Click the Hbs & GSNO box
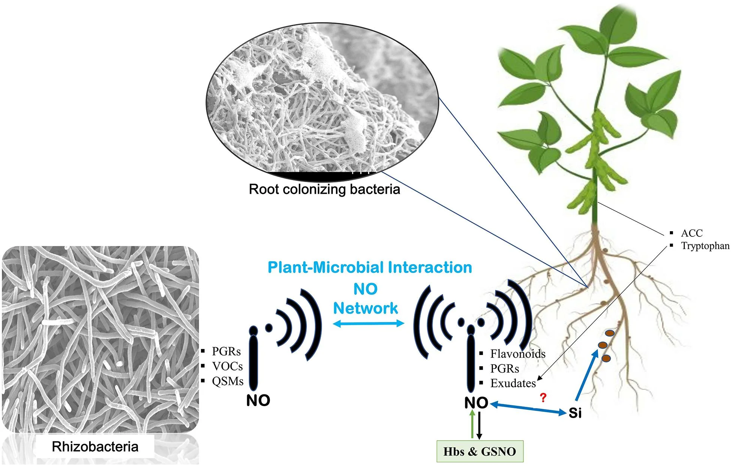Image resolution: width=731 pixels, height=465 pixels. coord(480,451)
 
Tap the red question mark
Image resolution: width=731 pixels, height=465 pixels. coord(542,397)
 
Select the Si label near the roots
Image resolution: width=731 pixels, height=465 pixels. coord(575,413)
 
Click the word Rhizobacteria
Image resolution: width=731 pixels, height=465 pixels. coord(95,447)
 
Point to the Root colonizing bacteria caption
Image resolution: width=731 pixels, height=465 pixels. coord(324,189)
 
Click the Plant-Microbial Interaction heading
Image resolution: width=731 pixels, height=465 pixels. coord(370,268)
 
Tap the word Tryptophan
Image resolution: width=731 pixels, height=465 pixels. coord(705,246)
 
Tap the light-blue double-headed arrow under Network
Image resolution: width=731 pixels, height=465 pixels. coord(369,323)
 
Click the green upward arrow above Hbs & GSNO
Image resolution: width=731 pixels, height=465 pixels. coord(472,424)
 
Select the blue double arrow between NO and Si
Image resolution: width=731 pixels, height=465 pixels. coord(528,408)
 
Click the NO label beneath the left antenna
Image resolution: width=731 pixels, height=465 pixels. coord(258,400)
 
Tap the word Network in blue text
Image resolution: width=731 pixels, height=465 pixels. coord(365,308)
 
